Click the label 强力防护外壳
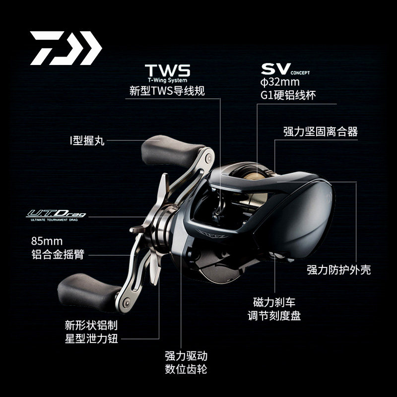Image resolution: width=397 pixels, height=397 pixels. pyautogui.click(x=338, y=270)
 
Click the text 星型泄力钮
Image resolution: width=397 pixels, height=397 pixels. pyautogui.click(x=91, y=339)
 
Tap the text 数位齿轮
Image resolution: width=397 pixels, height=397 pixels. pyautogui.click(x=186, y=370)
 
